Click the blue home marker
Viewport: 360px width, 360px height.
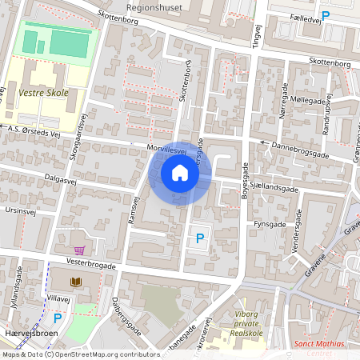pos(180,172)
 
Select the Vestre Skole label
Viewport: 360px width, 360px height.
pos(43,93)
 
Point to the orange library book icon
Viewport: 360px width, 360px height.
pos(76,282)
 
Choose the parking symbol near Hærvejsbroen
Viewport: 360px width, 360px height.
pos(57,318)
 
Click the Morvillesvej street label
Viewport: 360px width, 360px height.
pos(166,149)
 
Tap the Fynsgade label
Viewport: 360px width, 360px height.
pos(269,225)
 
